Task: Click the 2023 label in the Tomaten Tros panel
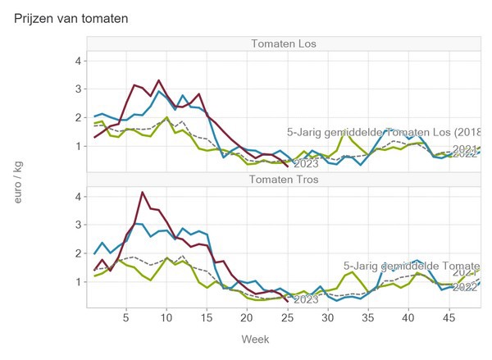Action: coord(306,300)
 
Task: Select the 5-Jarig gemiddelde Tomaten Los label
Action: coord(383,132)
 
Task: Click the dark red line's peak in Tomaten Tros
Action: coord(143,193)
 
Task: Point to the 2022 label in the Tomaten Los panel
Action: coord(465,153)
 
